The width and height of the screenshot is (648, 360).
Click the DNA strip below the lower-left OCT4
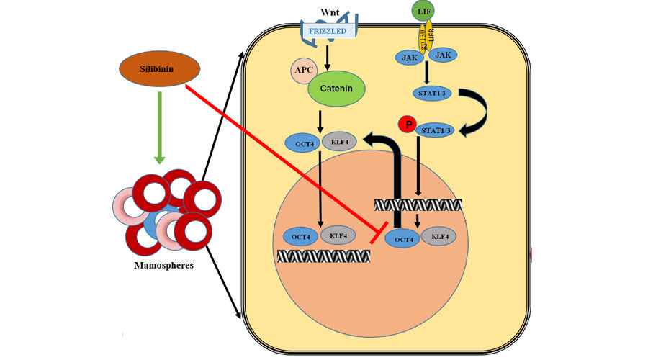pos(320,256)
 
